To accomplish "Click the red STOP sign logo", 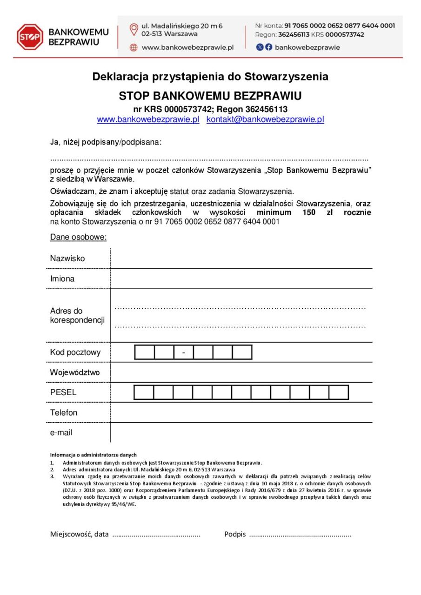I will (x=30, y=37).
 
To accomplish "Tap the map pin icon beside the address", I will (x=134, y=30).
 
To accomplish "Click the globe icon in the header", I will (x=134, y=47).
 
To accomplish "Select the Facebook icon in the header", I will (x=268, y=47).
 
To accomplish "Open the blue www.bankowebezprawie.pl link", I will (x=148, y=119).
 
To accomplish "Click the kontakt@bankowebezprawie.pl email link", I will (x=265, y=119).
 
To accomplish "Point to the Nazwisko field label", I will (x=67, y=258).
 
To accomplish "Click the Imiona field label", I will (x=62, y=279).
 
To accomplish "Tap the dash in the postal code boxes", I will (x=184, y=353).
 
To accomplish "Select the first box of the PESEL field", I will (x=144, y=392).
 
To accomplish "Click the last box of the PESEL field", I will (x=339, y=392).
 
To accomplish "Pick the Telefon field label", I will (x=64, y=412).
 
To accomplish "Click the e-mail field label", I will (x=61, y=433).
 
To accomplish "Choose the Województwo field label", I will (x=75, y=372).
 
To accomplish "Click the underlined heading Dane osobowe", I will (x=78, y=238).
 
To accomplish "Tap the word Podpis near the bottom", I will (x=235, y=534).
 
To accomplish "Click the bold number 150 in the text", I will (x=308, y=212).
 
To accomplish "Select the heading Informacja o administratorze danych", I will (x=93, y=455).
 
